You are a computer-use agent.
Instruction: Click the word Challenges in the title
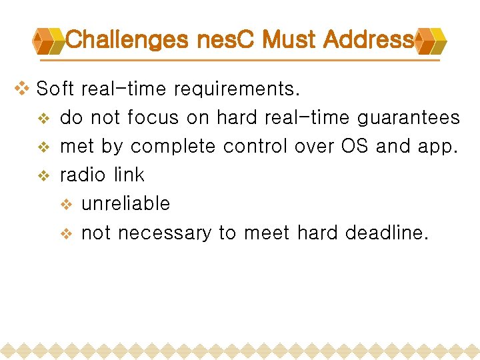coord(127,40)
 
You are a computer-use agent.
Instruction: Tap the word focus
coord(154,118)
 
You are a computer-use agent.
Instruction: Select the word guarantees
coord(409,118)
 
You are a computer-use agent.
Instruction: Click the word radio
coord(84,175)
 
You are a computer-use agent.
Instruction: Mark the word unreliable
coord(125,203)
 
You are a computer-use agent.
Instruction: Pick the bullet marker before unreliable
coord(66,205)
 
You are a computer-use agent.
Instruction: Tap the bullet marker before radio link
coord(44,176)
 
